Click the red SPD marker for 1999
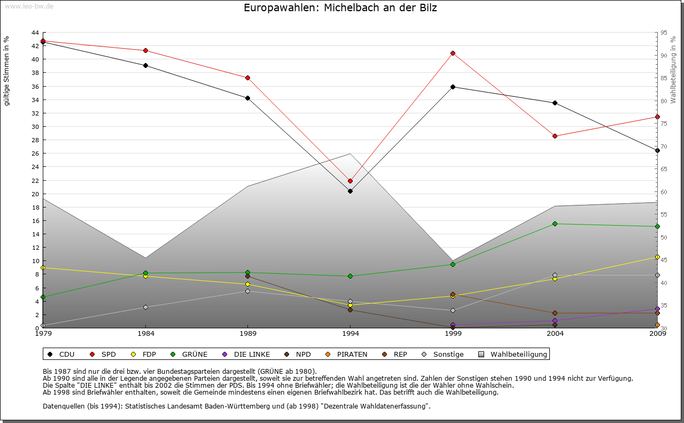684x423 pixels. click(453, 53)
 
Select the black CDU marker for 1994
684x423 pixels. click(350, 191)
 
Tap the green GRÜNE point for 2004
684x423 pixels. click(555, 224)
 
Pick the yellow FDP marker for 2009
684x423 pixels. click(657, 257)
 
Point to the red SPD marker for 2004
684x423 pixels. click(555, 136)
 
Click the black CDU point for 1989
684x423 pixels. click(247, 98)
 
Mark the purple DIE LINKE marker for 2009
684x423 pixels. click(657, 309)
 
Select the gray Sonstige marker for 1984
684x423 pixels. click(145, 307)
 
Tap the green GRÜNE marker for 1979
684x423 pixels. click(43, 297)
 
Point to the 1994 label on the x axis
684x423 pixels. click(351, 334)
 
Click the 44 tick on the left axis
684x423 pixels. click(35, 33)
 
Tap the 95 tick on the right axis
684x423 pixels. click(664, 33)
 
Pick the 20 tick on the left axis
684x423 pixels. click(35, 194)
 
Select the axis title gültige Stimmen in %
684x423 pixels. click(7, 71)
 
